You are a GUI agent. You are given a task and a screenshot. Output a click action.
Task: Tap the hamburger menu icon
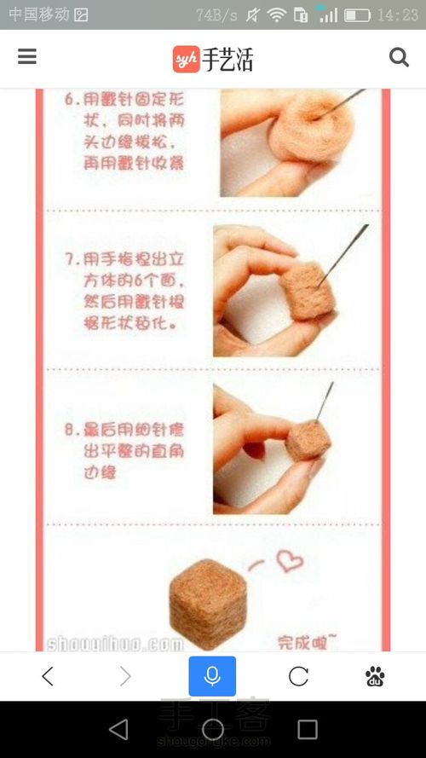tap(27, 56)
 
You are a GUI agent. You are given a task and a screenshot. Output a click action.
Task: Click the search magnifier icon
tap(399, 57)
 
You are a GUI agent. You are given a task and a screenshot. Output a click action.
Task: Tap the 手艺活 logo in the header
tap(213, 58)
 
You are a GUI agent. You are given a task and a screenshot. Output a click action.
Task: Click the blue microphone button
tap(212, 676)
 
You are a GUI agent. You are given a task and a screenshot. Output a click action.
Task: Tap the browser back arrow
tap(48, 676)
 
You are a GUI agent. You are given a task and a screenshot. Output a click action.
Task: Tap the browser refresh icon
tap(298, 676)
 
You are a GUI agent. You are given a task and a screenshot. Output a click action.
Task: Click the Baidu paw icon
tap(375, 676)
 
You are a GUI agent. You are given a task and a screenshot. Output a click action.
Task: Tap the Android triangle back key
tap(118, 729)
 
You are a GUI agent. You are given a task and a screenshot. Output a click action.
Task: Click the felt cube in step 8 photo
tap(308, 439)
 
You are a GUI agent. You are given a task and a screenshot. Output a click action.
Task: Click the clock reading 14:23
tap(397, 15)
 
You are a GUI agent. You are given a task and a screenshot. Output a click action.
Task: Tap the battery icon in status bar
tap(357, 15)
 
